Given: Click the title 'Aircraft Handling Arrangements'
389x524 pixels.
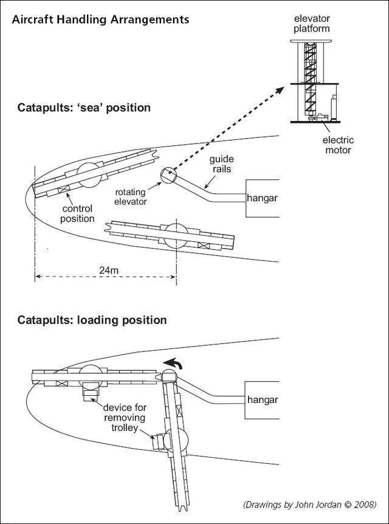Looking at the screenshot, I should coord(100,19).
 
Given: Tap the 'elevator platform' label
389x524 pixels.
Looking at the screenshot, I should coord(312,24).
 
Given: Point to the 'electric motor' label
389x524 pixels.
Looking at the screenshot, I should coord(337,145).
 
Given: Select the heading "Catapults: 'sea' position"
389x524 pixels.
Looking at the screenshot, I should coord(84,108).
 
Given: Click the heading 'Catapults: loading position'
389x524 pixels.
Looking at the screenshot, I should coord(92,320).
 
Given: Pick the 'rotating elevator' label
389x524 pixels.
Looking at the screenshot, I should coord(131,197).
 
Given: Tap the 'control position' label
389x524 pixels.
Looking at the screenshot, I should coord(78,213).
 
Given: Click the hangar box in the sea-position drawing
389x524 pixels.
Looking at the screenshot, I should coord(262,198).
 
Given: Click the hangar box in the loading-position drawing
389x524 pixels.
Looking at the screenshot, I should coord(262,400).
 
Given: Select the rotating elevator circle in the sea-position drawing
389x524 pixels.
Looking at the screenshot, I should coord(167,176).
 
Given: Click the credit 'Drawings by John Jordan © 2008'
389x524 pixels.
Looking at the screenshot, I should coord(309,504).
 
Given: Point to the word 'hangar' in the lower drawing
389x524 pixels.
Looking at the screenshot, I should coord(262,400).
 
